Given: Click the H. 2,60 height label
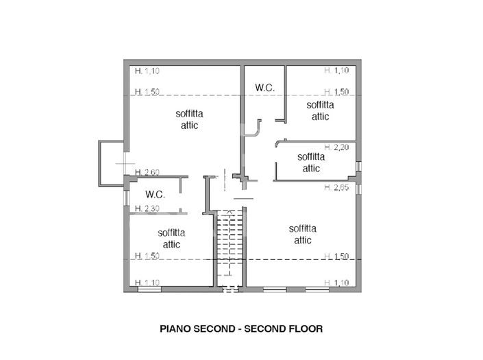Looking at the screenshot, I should point(147,172).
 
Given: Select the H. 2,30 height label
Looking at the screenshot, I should point(147,208).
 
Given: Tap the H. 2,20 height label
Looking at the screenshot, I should point(337,147).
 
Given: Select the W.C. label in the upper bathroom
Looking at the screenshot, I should point(264,87).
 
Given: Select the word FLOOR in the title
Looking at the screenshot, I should point(308,329).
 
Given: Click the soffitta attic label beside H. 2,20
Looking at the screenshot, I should point(311,162).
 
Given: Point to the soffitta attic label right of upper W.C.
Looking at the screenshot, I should point(320,110).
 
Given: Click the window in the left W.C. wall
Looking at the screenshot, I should point(126,195).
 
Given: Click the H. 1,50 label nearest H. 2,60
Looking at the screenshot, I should point(147,92).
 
